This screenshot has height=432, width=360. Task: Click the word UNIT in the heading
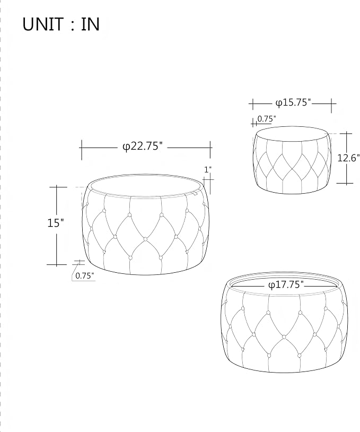pyautogui.click(x=43, y=24)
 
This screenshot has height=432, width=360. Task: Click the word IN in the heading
pyautogui.click(x=90, y=24)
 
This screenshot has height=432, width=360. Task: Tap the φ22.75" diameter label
pyautogui.click(x=142, y=146)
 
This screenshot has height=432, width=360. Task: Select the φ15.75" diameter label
pyautogui.click(x=293, y=102)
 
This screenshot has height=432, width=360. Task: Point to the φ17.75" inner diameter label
pyautogui.click(x=286, y=284)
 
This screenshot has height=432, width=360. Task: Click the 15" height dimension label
pyautogui.click(x=56, y=222)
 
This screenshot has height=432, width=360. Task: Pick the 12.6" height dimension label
pyautogui.click(x=348, y=158)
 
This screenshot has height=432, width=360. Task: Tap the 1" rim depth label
pyautogui.click(x=208, y=169)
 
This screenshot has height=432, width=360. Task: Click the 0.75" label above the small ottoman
pyautogui.click(x=267, y=119)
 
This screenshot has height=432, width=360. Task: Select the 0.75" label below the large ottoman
pyautogui.click(x=84, y=275)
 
